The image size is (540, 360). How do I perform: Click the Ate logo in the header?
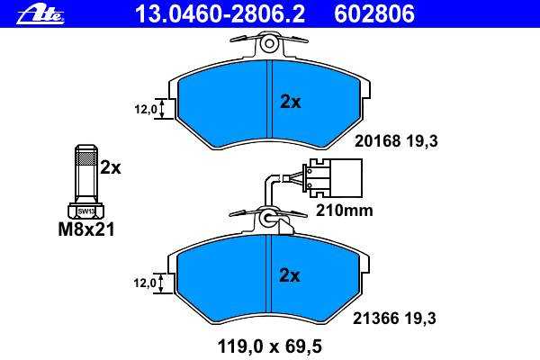40,14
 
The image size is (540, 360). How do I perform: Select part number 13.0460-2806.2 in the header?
220,14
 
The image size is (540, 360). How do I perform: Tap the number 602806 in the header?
374,14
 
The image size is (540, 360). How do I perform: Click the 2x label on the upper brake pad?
291,102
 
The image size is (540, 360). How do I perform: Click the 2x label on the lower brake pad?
290,275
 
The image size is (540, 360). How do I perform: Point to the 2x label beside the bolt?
111,167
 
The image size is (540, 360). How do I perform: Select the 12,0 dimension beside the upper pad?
146,110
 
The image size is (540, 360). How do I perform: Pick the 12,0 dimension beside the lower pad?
145,283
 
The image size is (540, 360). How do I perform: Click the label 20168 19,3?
396,141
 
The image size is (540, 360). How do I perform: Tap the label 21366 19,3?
394,318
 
